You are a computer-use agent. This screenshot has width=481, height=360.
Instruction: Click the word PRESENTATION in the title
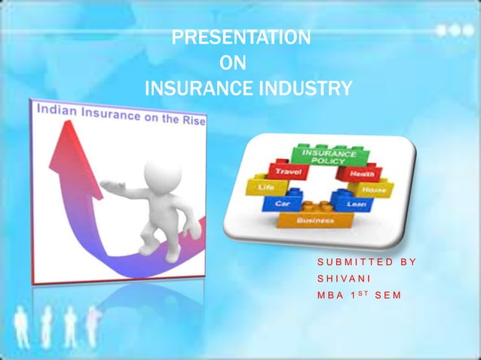[240, 37]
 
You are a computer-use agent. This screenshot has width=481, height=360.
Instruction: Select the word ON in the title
[231, 63]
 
